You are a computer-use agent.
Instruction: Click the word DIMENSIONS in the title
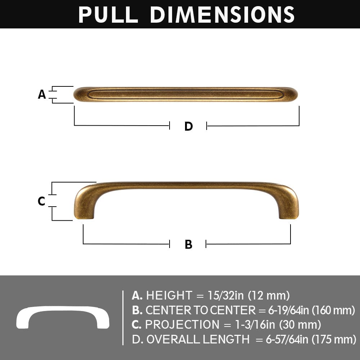(222, 14)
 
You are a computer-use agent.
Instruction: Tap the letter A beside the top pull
(42, 94)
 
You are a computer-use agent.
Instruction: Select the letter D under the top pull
(188, 126)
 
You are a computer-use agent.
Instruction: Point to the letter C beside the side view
(41, 201)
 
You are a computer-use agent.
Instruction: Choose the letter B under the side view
(188, 244)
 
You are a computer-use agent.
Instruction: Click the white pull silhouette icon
(63, 317)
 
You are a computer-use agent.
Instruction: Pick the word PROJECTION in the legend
(182, 324)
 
